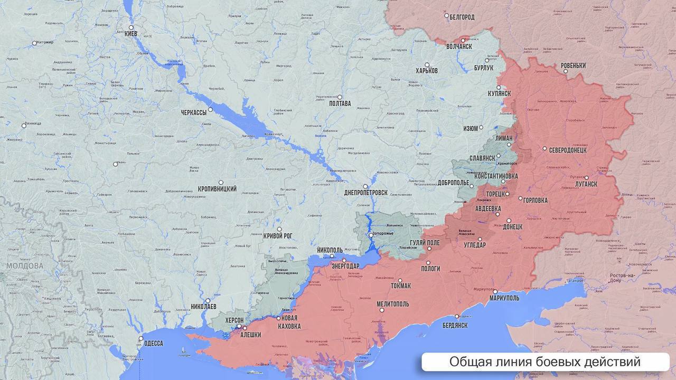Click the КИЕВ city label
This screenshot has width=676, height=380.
[130, 34]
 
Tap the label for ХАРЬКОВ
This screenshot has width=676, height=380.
[427, 71]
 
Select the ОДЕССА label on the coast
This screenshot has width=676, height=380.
[153, 343]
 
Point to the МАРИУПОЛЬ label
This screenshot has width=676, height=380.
[504, 298]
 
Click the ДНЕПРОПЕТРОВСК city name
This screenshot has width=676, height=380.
[365, 193]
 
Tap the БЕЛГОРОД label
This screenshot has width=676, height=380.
[462, 17]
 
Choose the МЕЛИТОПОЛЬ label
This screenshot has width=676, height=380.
[393, 305]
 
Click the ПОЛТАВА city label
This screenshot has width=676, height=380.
[340, 103]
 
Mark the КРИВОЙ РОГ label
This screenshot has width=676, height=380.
[278, 236]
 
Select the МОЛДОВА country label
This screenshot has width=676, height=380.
[24, 265]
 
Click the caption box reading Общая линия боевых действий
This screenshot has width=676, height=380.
[545, 362]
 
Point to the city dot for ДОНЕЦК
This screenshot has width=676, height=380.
[509, 221]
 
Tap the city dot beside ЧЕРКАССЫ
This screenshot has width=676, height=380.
[210, 110]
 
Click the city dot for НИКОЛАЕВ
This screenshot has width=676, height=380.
[208, 300]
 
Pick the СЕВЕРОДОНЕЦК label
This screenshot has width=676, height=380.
[568, 150]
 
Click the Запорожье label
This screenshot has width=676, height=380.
[383, 234]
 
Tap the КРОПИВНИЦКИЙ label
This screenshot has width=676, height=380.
[217, 189]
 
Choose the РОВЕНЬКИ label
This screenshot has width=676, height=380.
[573, 66]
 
